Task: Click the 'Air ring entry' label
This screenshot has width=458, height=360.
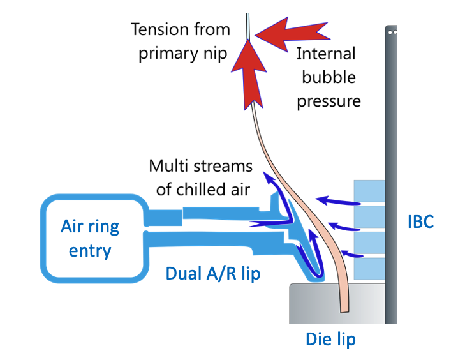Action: pos(90,238)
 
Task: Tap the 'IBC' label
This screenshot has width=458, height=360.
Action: pos(420,221)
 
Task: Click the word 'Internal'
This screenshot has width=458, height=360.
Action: pos(327,53)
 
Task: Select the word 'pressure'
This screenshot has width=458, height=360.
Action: pos(329,101)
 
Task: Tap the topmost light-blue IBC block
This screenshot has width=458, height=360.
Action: pos(369,190)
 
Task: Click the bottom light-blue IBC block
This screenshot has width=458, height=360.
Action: pos(369,269)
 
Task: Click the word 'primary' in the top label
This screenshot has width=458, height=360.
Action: pos(165,54)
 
